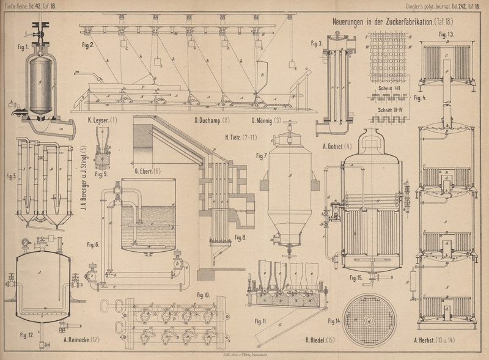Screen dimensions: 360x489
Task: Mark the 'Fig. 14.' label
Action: point(334,320)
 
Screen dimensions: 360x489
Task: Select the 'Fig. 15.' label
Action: point(356,277)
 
